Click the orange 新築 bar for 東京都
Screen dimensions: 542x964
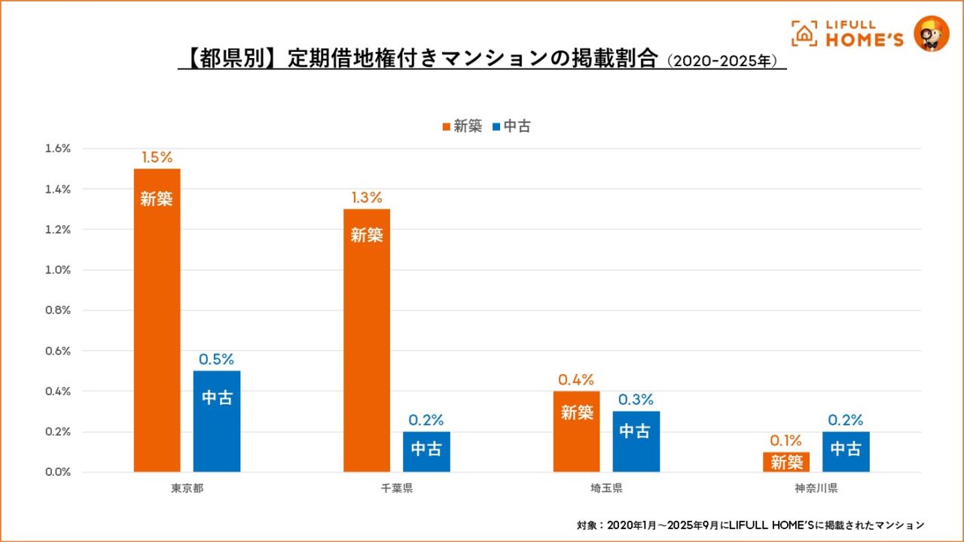click(x=157, y=320)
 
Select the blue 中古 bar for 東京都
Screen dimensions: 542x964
click(x=217, y=422)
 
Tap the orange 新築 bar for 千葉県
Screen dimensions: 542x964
click(x=367, y=340)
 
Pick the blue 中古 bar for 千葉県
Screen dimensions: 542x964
click(x=426, y=452)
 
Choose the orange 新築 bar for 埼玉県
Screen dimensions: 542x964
click(x=576, y=431)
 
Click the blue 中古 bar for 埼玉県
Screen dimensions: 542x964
click(x=636, y=441)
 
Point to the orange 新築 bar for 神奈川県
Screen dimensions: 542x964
click(x=786, y=462)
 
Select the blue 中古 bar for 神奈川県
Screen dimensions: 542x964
click(x=846, y=452)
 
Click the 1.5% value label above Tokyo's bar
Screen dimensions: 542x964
click(x=157, y=157)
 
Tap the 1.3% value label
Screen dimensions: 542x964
click(x=367, y=198)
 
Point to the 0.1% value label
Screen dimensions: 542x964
click(x=786, y=441)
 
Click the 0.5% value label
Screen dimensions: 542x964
click(x=217, y=360)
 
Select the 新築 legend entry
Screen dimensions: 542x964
click(x=462, y=126)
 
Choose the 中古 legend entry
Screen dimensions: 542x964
click(x=511, y=126)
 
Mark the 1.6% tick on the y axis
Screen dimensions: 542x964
click(x=57, y=148)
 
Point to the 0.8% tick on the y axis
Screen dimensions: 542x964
click(x=57, y=310)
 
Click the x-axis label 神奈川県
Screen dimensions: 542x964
click(x=816, y=488)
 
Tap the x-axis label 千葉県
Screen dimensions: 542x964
click(x=397, y=488)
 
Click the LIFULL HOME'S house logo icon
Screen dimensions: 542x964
click(x=804, y=33)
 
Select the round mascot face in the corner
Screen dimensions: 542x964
click(x=931, y=33)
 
